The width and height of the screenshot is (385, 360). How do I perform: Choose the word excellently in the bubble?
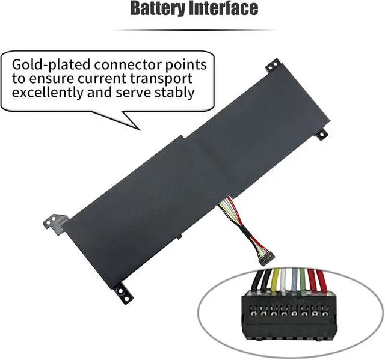coord(57,93)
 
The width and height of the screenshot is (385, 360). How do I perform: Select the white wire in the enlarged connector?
coord(284,280)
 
